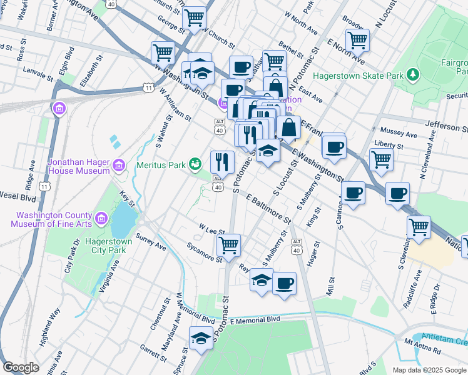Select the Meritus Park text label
[x=162, y=165]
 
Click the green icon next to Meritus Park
[x=196, y=164]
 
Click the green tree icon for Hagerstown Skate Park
[x=412, y=76]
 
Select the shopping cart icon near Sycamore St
[x=229, y=244]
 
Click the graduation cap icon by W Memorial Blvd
[x=200, y=338]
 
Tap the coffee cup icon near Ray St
[x=284, y=283]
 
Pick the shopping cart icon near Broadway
[x=357, y=39]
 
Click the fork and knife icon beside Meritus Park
[x=222, y=162]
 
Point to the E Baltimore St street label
[x=269, y=209]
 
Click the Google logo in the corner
[x=21, y=367]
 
